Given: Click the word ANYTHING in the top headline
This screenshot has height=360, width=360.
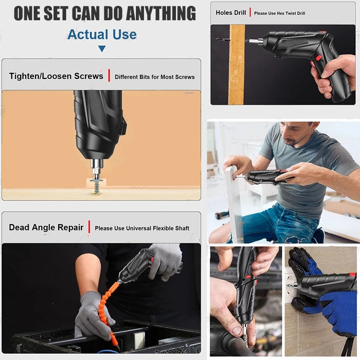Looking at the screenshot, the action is click(x=161, y=13).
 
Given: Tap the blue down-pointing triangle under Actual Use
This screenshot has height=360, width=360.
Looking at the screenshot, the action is click(x=102, y=49).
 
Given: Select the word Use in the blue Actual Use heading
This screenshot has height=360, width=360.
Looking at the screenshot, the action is click(x=125, y=35).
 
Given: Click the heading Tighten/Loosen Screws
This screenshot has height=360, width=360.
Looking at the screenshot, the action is click(x=56, y=76).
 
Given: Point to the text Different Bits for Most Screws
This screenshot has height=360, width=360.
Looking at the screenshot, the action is click(x=155, y=77).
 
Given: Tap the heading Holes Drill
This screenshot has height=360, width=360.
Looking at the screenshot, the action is click(x=231, y=13).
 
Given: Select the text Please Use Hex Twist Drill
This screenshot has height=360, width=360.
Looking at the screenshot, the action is click(x=279, y=13).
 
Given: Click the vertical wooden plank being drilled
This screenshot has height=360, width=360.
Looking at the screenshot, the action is click(x=237, y=64).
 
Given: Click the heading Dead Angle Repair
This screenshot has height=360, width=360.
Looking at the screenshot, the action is click(x=46, y=227).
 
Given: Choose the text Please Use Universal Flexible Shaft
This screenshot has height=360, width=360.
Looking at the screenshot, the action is click(x=142, y=228).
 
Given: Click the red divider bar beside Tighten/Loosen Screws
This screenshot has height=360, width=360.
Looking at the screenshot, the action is click(x=109, y=75).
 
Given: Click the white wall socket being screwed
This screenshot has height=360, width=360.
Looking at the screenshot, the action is click(x=291, y=285).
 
